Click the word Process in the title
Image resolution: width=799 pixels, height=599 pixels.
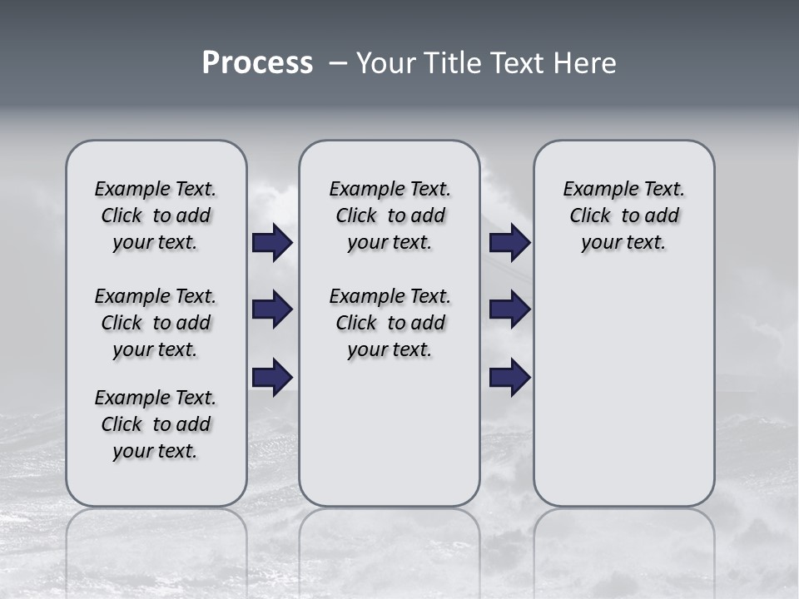pos(257,63)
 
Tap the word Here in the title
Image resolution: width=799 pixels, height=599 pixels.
pos(586,63)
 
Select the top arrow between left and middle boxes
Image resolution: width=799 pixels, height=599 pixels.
pos(272,243)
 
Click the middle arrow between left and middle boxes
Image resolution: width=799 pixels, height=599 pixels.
pos(272,309)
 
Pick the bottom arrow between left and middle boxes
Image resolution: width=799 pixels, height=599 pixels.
pos(272,377)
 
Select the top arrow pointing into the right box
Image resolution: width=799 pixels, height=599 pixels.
pos(509,243)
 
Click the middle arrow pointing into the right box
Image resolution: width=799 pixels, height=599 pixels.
pos(509,309)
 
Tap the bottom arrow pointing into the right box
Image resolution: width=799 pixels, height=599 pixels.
pos(509,377)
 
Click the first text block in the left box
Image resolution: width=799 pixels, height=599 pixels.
pos(156,215)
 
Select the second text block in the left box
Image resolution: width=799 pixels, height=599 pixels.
pos(156,323)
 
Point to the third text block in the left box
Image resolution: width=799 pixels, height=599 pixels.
pos(156,424)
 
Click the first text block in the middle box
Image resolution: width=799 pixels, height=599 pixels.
pos(390,215)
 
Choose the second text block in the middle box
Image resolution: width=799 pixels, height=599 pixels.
pos(390,323)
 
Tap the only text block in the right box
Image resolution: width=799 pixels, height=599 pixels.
pos(623,215)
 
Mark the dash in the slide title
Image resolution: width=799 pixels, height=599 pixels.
pos(338,63)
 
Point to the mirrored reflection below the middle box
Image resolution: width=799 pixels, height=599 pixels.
pos(390,549)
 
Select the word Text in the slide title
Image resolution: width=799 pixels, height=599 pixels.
pos(516,63)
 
